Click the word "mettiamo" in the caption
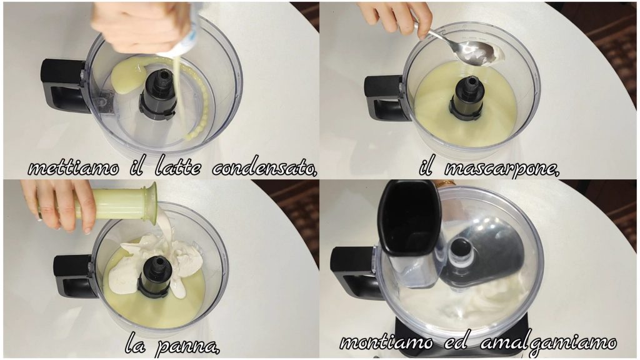click(x=74, y=168)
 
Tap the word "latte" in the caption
click(x=178, y=167)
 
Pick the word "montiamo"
click(x=386, y=342)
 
